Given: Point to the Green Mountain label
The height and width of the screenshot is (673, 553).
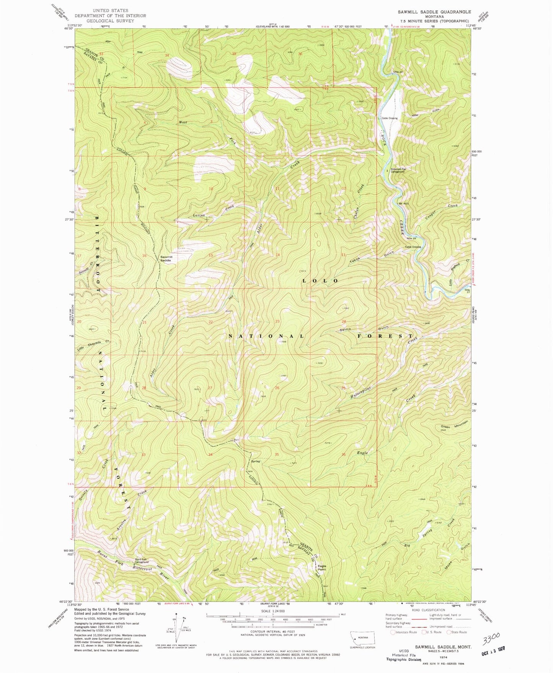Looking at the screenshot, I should tap(454, 424).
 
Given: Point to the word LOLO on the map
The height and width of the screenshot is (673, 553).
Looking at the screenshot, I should tap(320, 280).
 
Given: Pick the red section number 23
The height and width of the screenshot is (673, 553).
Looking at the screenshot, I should tap(277, 321).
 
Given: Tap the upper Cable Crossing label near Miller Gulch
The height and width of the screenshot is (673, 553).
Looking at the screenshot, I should tap(389, 118).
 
